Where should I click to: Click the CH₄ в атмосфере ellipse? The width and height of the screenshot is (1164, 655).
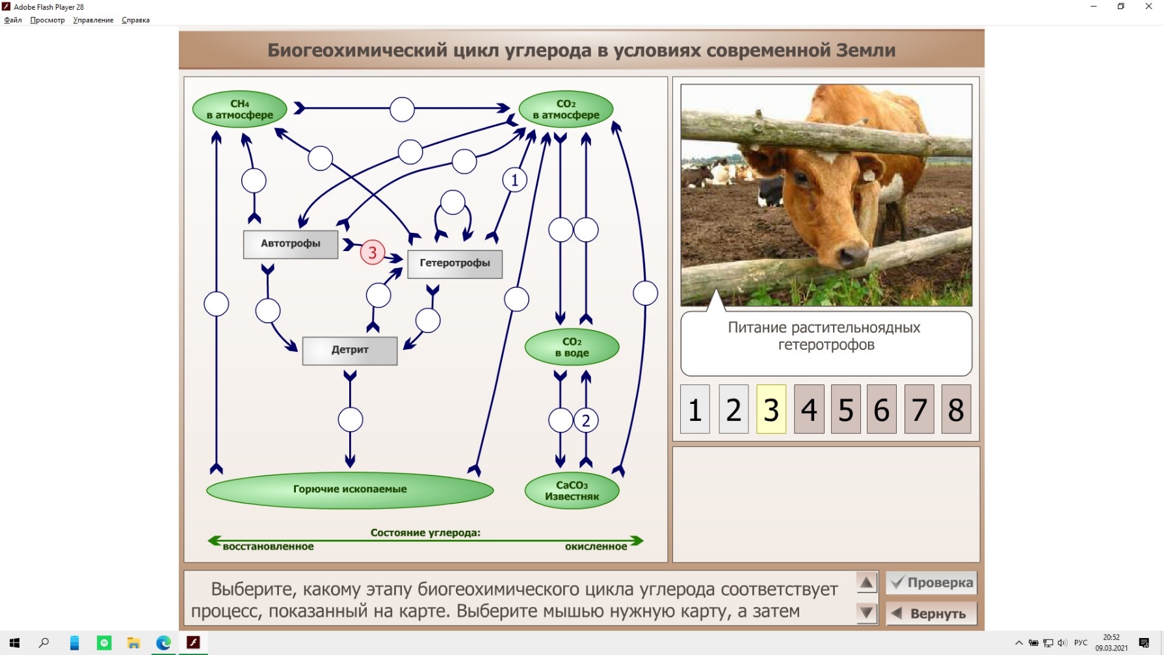(239, 109)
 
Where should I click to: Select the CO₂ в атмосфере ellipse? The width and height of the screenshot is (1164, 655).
(566, 109)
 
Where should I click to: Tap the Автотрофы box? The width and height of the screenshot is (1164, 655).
(291, 244)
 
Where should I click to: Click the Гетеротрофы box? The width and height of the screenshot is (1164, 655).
(455, 263)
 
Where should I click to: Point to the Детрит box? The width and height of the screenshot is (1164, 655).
(350, 350)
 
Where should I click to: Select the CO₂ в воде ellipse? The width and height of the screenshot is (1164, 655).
(572, 347)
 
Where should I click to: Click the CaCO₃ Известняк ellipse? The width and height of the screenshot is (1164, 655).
(572, 490)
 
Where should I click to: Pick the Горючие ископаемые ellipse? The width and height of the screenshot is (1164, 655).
(350, 489)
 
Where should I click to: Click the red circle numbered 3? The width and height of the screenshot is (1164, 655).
(373, 252)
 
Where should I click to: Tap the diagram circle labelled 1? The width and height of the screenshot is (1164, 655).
(514, 180)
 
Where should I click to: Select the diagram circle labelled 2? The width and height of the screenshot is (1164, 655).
(586, 420)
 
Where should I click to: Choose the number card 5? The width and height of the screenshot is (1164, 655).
(845, 409)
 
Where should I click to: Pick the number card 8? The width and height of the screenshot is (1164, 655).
(956, 409)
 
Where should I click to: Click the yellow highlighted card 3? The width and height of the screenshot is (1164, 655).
(771, 409)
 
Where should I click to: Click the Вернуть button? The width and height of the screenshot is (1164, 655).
(931, 613)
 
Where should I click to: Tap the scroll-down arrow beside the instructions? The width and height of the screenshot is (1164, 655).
(866, 613)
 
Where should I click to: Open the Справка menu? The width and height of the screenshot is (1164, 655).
(135, 20)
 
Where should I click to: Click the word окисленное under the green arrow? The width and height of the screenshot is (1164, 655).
(596, 546)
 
